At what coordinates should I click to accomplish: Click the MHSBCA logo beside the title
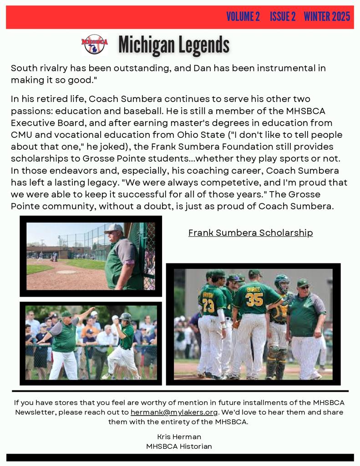point(95,44)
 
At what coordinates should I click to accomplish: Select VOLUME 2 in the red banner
point(243,17)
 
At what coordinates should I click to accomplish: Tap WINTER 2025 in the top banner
point(327,17)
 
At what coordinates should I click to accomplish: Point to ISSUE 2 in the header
point(283,17)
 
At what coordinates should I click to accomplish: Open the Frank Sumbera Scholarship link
point(250,233)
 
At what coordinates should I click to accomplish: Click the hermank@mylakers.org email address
point(174,412)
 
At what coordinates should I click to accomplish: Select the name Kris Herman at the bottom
point(179,437)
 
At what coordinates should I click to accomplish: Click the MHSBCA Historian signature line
point(179,446)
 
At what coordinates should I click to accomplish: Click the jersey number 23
point(208,305)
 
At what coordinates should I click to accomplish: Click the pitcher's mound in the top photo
point(66,272)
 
